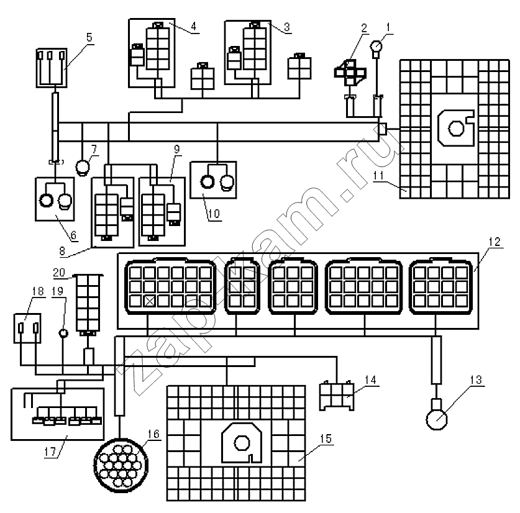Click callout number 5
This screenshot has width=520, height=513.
tap(89, 37)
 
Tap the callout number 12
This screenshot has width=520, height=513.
tap(494, 242)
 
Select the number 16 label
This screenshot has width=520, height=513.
tap(153, 434)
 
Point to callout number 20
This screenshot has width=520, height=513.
tap(59, 272)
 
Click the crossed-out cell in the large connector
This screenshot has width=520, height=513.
tap(150, 301)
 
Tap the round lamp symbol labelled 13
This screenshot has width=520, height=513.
tap(437, 419)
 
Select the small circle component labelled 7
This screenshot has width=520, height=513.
tap(82, 167)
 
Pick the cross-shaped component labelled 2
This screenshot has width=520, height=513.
tap(350, 73)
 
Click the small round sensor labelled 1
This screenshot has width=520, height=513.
tap(376, 46)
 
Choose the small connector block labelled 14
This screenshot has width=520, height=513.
tap(337, 396)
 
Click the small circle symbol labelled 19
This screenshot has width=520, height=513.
tap(63, 333)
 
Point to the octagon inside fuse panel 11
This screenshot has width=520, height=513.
tap(456, 129)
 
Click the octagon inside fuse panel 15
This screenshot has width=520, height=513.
tap(242, 443)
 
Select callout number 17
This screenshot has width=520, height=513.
tap(50, 452)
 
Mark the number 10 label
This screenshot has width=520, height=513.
tap(214, 214)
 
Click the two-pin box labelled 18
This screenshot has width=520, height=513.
tap(27, 328)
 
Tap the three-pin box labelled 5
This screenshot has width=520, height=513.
tap(52, 68)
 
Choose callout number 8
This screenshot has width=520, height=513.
tap(62, 251)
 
